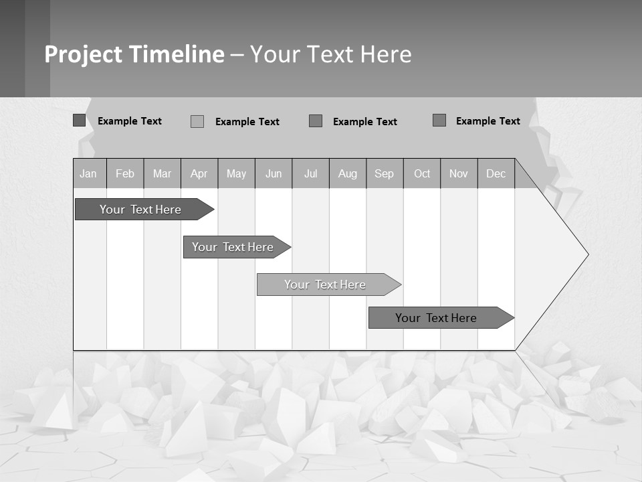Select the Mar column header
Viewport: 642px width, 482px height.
click(162, 173)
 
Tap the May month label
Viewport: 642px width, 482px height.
click(236, 173)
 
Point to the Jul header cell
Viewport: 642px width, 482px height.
click(310, 173)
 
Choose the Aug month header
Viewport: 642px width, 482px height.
click(348, 173)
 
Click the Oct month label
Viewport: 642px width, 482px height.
click(422, 173)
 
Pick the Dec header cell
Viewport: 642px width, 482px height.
click(496, 173)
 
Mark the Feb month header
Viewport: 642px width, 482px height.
click(125, 173)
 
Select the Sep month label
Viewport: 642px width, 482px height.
click(385, 173)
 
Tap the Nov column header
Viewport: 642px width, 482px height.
click(459, 173)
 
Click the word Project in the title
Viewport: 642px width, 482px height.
click(84, 54)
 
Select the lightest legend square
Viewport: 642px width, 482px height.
click(197, 121)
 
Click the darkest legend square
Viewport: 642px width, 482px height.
click(80, 120)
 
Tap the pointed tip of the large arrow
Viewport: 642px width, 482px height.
click(586, 254)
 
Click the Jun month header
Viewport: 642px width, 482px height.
click(274, 173)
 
